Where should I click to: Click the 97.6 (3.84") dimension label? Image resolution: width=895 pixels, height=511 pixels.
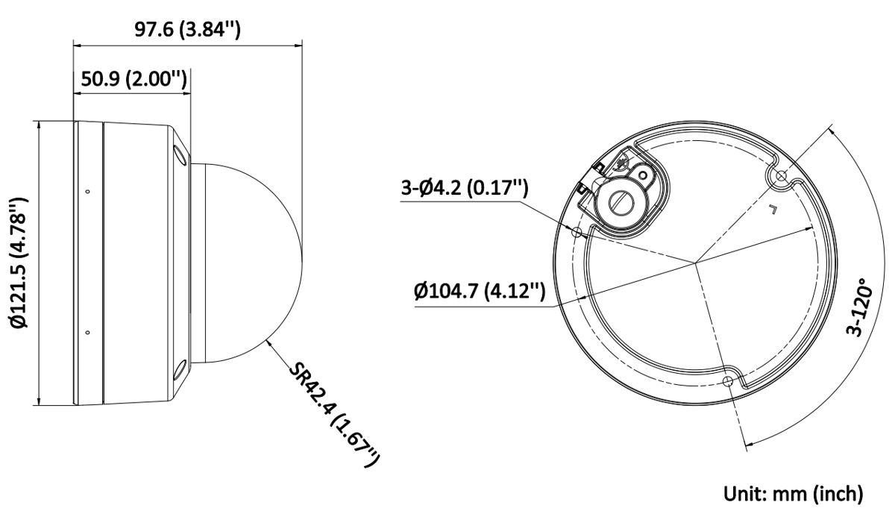[x=187, y=29]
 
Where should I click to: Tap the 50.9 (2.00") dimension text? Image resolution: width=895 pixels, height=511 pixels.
[x=134, y=79]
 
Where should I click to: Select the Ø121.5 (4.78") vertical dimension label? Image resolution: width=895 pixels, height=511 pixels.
[x=20, y=262]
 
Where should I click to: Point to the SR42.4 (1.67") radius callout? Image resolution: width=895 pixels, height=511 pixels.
[x=333, y=414]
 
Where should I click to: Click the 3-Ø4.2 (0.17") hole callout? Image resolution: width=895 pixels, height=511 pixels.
[x=465, y=187]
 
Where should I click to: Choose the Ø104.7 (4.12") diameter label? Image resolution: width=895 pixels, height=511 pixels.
[x=480, y=291]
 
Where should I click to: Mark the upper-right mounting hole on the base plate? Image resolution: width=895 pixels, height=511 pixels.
[x=780, y=175]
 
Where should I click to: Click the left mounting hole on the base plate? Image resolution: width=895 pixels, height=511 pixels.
[x=577, y=232]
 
